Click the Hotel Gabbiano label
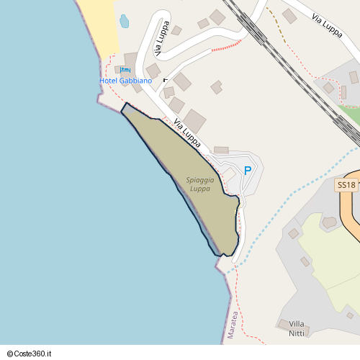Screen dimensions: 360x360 click(125, 81)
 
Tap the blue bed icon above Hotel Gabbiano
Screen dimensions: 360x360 click(125, 71)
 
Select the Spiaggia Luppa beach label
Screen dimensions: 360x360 click(199, 184)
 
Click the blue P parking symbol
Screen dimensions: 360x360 click(248, 171)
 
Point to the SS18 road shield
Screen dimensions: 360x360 click(346, 185)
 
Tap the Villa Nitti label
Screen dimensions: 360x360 click(296, 328)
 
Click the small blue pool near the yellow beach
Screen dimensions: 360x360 click(124, 21)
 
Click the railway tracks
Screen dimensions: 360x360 click(288, 65)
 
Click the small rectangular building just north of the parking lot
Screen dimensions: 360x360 click(221, 150)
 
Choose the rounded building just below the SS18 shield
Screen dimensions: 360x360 click(330, 222)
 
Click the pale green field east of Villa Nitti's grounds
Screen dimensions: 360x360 click(331, 252)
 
